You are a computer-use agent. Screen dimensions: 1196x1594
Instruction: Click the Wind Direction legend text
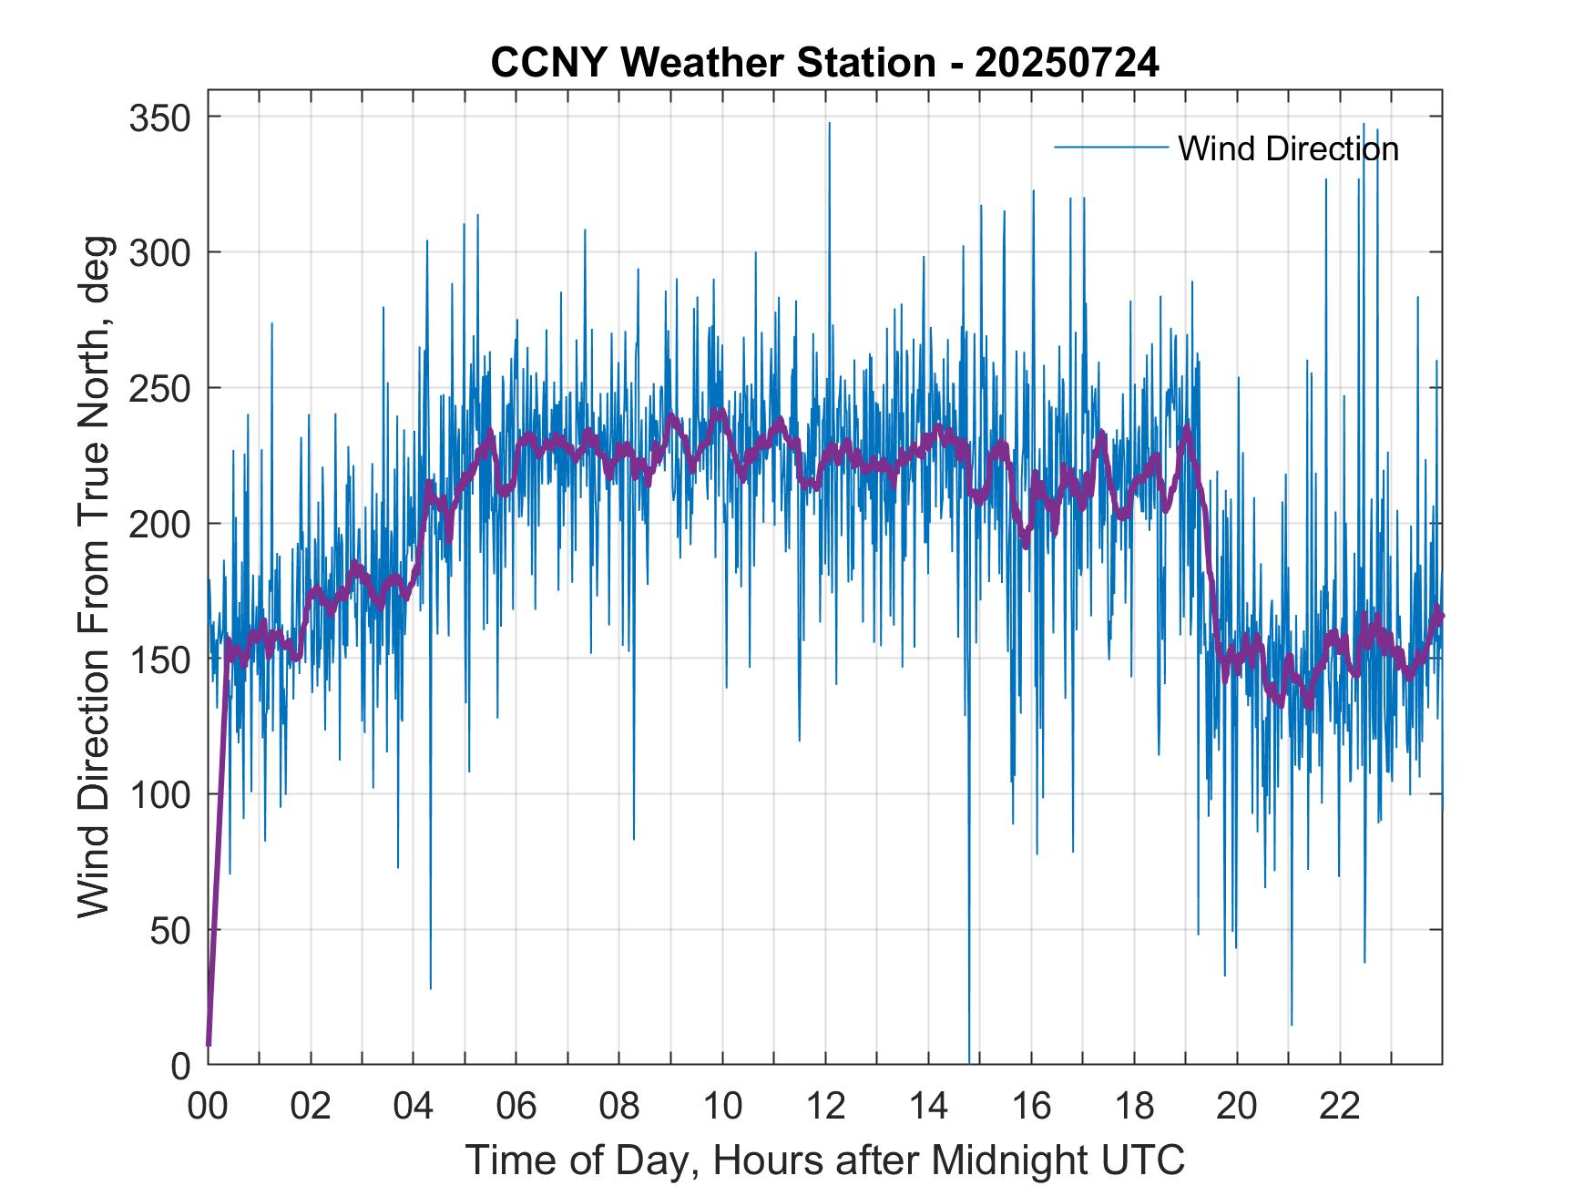1288,148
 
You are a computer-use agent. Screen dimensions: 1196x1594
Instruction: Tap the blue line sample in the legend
1110,147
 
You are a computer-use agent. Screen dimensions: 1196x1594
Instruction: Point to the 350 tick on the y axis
161,118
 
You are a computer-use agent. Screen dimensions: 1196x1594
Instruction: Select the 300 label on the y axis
161,252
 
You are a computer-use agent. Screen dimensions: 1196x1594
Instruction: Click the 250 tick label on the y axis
161,388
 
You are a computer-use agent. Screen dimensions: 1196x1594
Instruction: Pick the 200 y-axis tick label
161,524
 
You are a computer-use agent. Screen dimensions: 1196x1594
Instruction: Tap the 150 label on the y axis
161,659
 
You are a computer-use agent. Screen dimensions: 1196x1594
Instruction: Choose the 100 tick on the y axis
161,794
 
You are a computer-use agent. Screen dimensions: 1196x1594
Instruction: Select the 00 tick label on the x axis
208,1106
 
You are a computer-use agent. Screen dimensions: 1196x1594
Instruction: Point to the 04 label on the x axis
414,1106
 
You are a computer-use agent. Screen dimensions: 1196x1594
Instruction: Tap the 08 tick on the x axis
619,1106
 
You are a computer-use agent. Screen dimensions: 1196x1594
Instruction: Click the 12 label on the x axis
825,1106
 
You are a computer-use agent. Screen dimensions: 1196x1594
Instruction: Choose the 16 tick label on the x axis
1031,1106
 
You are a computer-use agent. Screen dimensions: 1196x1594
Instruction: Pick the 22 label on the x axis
1340,1106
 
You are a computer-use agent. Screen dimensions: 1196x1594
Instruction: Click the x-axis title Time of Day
825,1160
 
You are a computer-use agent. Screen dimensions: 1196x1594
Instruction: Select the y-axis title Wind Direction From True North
94,577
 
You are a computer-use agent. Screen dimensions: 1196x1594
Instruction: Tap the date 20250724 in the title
1067,64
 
